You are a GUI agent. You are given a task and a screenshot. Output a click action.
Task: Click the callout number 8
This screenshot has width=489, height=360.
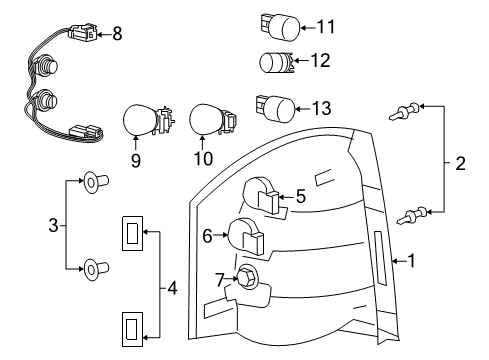[117, 34]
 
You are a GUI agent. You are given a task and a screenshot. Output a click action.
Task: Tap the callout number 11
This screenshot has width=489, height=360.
[326, 24]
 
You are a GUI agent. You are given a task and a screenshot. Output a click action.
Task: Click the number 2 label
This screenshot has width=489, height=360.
[459, 163]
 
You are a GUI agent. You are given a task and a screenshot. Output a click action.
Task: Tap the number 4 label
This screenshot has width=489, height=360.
[172, 291]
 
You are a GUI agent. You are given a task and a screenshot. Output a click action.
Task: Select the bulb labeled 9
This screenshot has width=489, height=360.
[139, 122]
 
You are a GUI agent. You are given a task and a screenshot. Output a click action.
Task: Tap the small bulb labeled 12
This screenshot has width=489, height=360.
[274, 62]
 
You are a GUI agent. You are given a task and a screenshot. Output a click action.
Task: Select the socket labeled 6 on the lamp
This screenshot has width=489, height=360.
[247, 238]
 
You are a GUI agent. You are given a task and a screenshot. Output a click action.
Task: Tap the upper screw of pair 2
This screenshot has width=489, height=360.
[404, 112]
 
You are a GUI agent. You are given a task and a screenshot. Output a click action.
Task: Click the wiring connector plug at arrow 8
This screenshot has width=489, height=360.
[80, 36]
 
